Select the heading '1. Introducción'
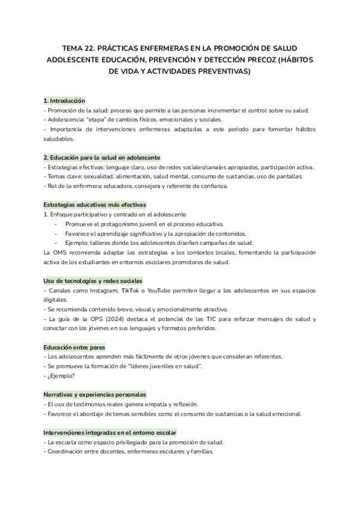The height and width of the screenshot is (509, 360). click(64, 101)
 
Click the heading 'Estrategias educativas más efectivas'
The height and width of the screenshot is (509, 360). click(94, 205)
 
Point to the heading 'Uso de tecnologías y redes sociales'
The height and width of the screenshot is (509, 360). click(93, 280)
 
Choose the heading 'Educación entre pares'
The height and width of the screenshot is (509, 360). click(74, 347)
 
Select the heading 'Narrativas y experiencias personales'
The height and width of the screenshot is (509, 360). click(95, 394)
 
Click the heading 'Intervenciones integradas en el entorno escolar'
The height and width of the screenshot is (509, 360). click(110, 432)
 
